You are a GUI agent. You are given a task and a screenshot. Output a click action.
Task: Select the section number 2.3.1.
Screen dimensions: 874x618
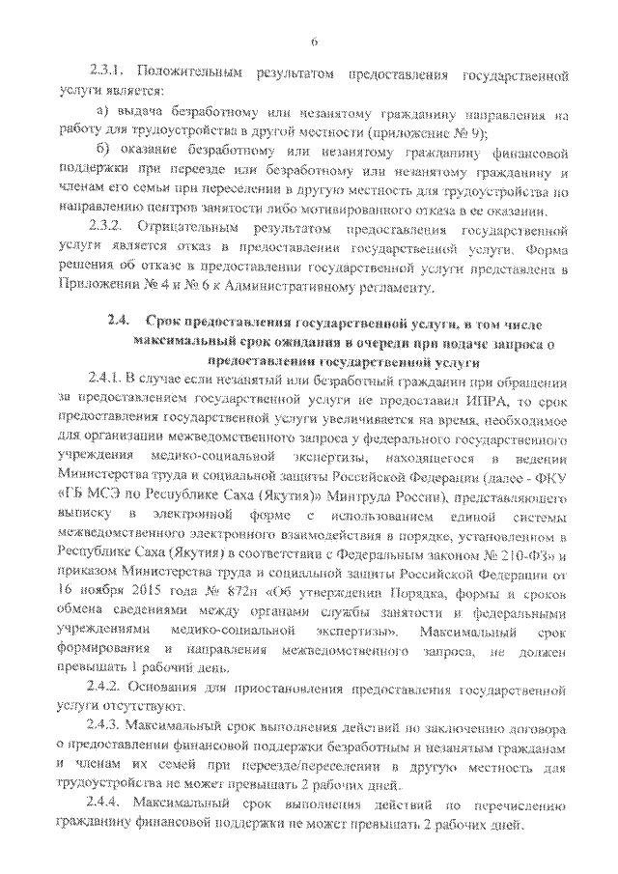105,72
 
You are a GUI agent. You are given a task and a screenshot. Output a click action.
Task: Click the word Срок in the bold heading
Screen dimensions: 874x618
165,322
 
